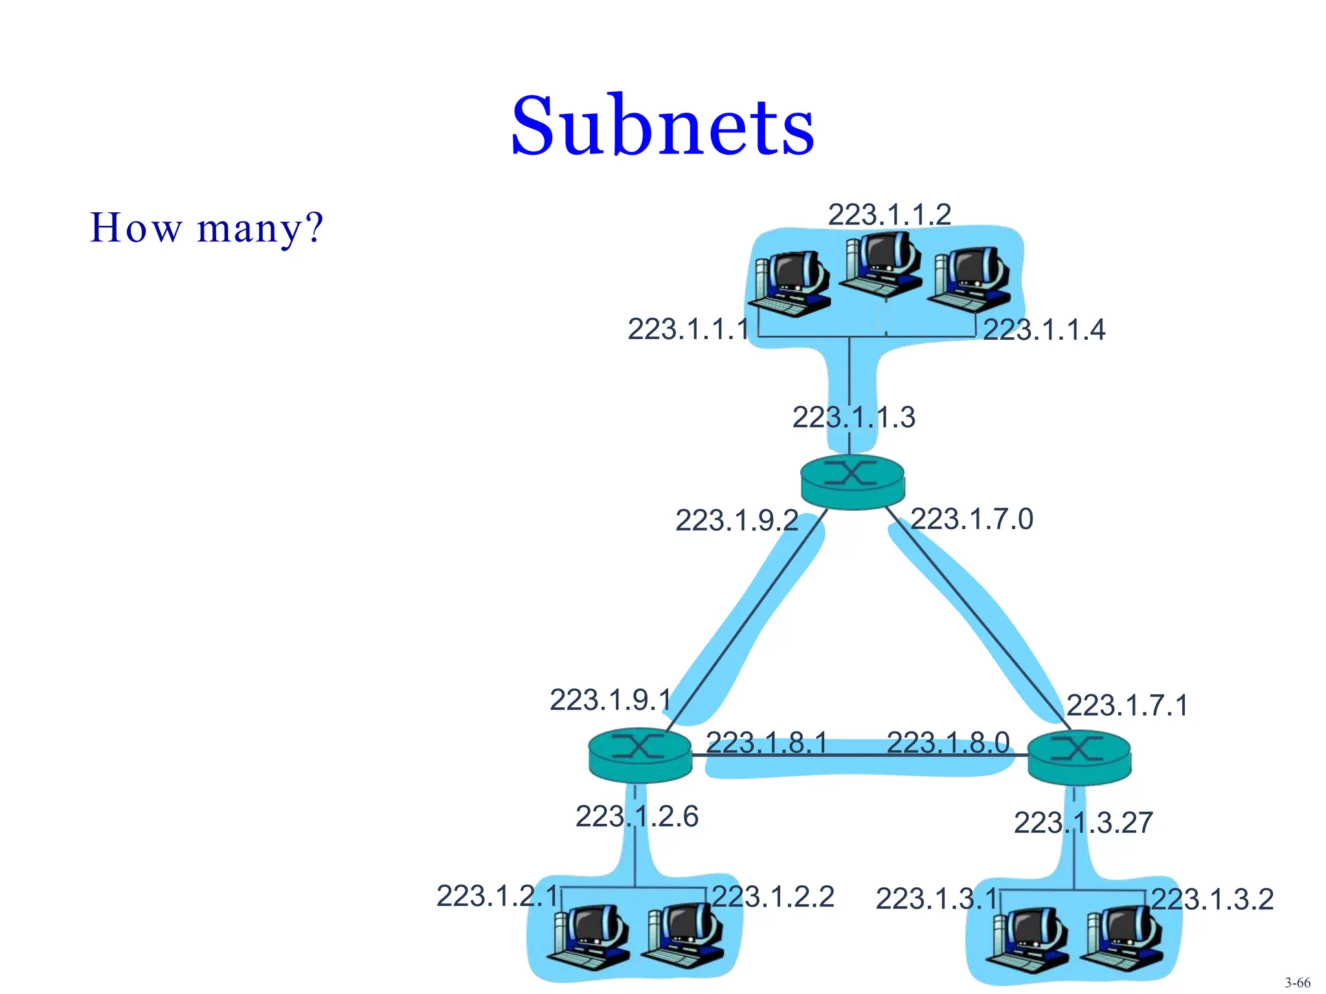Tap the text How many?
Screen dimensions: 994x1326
pyautogui.click(x=206, y=228)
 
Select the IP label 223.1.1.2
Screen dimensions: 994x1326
pyautogui.click(x=890, y=215)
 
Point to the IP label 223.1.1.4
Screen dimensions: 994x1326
pyautogui.click(x=1044, y=330)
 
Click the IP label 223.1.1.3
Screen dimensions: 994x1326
pyautogui.click(x=853, y=417)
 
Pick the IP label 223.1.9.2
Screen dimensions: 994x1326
pyautogui.click(x=737, y=520)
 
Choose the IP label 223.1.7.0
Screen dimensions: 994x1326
pyautogui.click(x=971, y=519)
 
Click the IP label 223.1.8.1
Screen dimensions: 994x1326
pyautogui.click(x=767, y=743)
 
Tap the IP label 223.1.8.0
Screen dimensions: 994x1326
pyautogui.click(x=948, y=743)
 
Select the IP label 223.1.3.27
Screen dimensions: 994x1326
pyautogui.click(x=1083, y=823)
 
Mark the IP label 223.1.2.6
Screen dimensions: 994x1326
pyautogui.click(x=637, y=817)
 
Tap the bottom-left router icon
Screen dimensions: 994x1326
pyautogui.click(x=640, y=755)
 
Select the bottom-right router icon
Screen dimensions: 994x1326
pyautogui.click(x=1079, y=757)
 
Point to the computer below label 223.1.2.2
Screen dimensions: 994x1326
pyautogui.click(x=684, y=934)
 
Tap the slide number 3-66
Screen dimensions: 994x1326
pyautogui.click(x=1298, y=982)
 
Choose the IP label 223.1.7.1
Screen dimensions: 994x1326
pyautogui.click(x=1127, y=705)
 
